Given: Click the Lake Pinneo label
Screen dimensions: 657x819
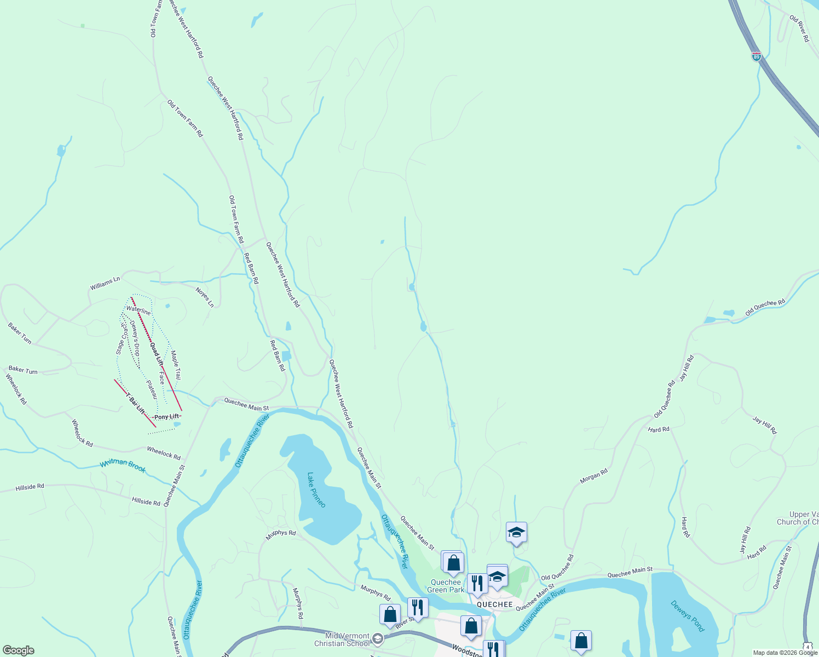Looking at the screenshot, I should [316, 490].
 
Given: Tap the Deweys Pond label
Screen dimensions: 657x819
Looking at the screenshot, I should [687, 616].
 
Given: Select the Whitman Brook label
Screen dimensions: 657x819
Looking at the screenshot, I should [123, 465].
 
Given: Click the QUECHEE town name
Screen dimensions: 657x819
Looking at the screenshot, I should [494, 604].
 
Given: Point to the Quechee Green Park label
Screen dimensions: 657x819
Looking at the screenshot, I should [445, 586].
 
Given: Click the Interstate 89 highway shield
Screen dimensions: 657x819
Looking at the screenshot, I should [756, 56].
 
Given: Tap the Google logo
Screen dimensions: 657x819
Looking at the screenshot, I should [18, 650].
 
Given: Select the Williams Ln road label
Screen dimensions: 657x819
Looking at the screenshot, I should [105, 283].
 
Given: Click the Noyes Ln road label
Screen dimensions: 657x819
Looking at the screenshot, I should [205, 297].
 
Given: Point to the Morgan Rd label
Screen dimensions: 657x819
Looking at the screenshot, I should [593, 476].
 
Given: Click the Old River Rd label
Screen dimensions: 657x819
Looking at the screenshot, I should [799, 28].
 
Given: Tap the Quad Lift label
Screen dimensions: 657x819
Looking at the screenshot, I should [157, 353].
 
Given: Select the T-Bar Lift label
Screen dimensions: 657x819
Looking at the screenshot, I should [135, 403].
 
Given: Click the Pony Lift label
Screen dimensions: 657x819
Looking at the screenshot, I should [166, 417].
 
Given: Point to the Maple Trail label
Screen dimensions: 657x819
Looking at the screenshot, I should [176, 365].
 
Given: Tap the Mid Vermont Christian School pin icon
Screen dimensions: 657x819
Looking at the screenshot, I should [377, 638].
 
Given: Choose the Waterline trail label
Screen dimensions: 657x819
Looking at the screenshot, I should [138, 310].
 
